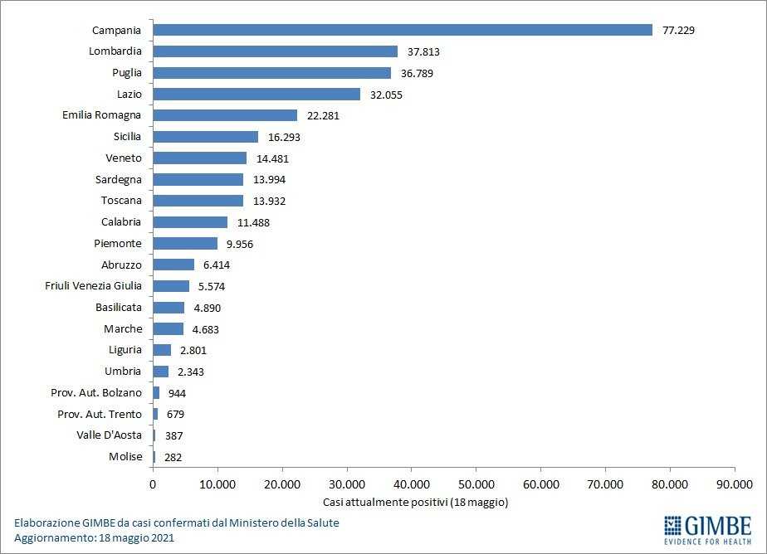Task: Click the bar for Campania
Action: (403, 30)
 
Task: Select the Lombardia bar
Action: (275, 51)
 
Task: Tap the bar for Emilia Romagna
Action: (225, 115)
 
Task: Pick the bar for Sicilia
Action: (205, 137)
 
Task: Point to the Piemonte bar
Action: (185, 244)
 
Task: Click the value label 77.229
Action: (678, 31)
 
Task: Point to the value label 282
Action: (173, 457)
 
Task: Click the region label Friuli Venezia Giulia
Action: (94, 286)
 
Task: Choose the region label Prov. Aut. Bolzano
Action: (100, 392)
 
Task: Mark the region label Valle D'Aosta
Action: (110, 435)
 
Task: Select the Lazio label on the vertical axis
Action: (129, 95)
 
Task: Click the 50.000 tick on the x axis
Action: (476, 484)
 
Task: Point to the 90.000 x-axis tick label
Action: (734, 484)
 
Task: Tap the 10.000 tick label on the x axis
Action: (217, 484)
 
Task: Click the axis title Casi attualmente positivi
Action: (414, 503)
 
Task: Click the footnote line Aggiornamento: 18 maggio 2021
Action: (94, 538)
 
